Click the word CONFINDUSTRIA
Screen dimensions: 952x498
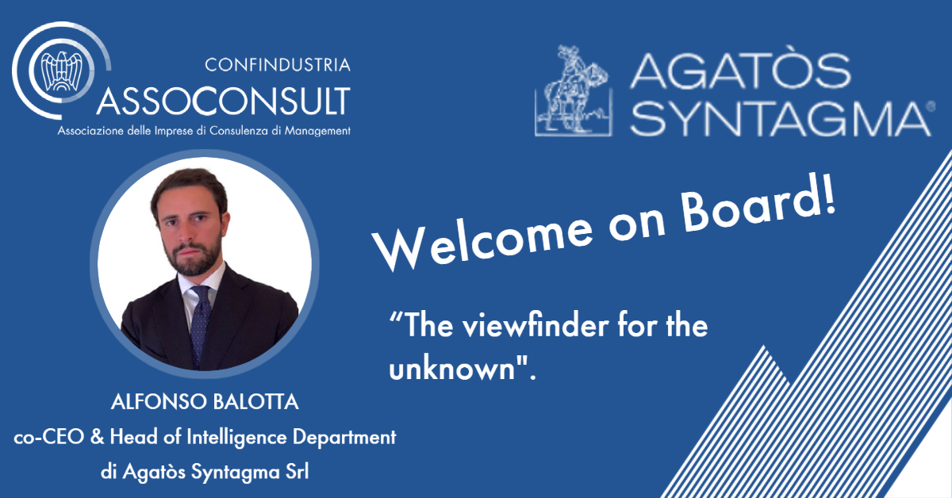[278, 65]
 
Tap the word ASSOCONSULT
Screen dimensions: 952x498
[224, 102]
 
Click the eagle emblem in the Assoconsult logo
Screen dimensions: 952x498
[62, 71]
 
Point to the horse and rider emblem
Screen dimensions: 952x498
[574, 90]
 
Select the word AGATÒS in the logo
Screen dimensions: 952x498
[740, 71]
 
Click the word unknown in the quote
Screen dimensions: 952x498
[452, 369]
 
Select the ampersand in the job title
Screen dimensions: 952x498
[97, 437]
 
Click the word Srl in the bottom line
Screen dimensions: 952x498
[297, 472]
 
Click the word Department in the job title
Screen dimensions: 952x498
[344, 438]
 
